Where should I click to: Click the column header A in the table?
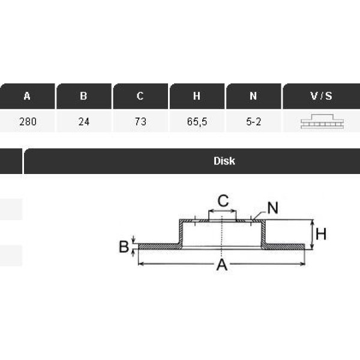27,96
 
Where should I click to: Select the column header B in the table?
83,96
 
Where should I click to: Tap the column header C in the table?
140,96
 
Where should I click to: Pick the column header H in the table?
197,96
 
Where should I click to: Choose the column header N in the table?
253,96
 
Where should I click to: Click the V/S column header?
322,96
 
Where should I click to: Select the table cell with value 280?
28,122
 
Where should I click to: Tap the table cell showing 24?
83,122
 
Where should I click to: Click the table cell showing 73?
140,122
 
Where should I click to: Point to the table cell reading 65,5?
197,122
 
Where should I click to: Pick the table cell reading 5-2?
253,122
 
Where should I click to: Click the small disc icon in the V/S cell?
322,122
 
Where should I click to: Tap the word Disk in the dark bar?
224,161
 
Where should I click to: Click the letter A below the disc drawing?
222,265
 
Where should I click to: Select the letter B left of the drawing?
124,247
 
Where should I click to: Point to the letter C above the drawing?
223,201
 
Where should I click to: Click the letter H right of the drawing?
321,234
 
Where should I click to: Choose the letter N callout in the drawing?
272,208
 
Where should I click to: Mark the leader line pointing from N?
259,214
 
